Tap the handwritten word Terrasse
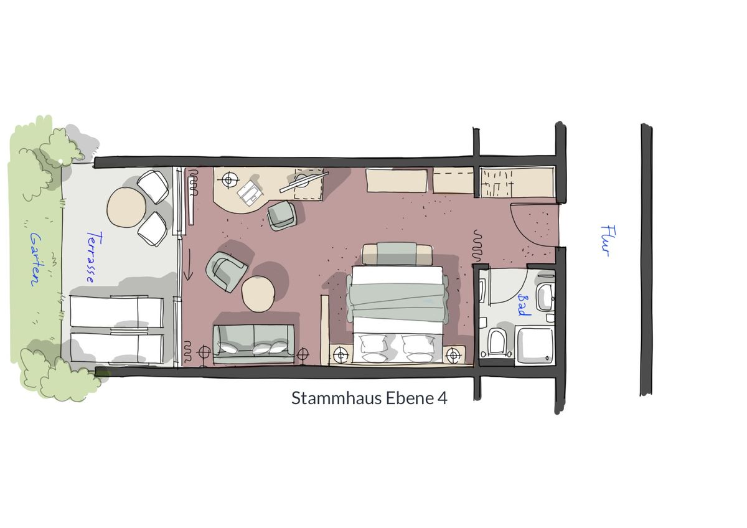click(x=94, y=257)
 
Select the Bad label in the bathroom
click(x=524, y=305)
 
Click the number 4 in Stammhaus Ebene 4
click(x=442, y=398)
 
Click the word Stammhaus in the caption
click(x=337, y=398)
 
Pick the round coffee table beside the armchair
click(x=258, y=294)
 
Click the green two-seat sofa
click(x=254, y=344)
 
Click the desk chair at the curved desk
click(x=282, y=216)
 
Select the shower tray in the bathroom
click(x=535, y=345)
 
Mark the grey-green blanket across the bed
click(x=397, y=301)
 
